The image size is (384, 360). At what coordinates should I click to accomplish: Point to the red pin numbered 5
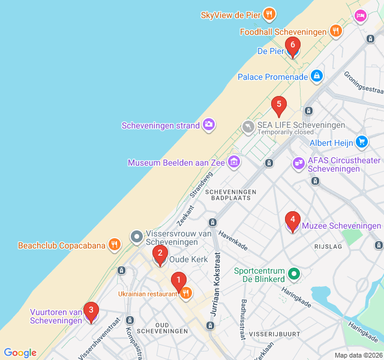tap(278, 106)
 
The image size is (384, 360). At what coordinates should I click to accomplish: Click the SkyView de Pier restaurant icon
tap(269, 14)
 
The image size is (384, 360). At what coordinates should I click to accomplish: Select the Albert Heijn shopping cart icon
tap(361, 142)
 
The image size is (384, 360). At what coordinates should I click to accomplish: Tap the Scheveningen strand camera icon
tap(209, 125)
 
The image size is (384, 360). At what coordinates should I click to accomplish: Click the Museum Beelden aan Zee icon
tap(234, 162)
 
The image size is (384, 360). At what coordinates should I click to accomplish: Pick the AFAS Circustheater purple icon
tap(298, 163)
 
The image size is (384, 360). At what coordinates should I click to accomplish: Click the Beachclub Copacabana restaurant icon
tap(114, 244)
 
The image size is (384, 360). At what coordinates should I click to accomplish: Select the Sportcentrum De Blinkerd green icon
tap(294, 274)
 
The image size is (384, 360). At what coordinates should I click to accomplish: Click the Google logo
tap(20, 353)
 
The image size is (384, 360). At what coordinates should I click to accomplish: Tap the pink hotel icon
tap(360, 16)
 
